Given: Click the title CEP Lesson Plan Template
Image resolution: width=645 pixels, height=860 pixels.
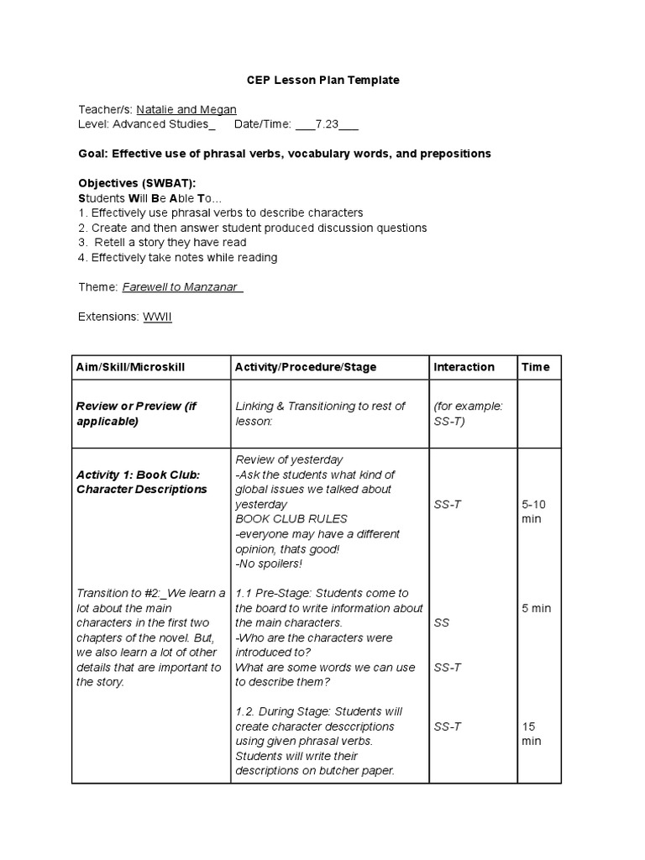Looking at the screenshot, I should pyautogui.click(x=322, y=80).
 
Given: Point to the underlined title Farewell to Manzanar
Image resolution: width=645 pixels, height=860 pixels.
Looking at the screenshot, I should pyautogui.click(x=181, y=286).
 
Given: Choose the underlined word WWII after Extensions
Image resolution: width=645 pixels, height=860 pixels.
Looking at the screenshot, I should pyautogui.click(x=155, y=317).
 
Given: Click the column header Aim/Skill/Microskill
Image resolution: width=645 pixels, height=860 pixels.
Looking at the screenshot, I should pyautogui.click(x=130, y=367).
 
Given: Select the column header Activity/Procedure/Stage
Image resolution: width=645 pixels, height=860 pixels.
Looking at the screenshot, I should pyautogui.click(x=306, y=367).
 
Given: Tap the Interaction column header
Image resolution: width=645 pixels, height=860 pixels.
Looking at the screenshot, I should pyautogui.click(x=464, y=367).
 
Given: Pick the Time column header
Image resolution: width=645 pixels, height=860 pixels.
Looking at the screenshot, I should pyautogui.click(x=535, y=367).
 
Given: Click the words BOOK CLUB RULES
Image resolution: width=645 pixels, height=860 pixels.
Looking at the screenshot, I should pyautogui.click(x=291, y=519).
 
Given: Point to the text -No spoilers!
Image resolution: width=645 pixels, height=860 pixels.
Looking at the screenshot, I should pyautogui.click(x=268, y=564).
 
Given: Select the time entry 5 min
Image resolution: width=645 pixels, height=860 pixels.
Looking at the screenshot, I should pyautogui.click(x=536, y=608).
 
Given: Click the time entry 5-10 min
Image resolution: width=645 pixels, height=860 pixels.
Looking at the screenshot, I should pyautogui.click(x=534, y=511).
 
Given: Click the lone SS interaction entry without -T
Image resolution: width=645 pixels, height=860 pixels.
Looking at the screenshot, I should pyautogui.click(x=441, y=623).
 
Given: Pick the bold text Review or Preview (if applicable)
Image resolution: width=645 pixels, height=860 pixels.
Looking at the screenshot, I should pyautogui.click(x=136, y=413).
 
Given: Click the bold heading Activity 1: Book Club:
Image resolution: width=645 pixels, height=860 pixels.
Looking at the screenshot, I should pyautogui.click(x=138, y=475).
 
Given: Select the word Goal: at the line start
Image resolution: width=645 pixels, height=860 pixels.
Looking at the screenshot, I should pyautogui.click(x=92, y=154).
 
